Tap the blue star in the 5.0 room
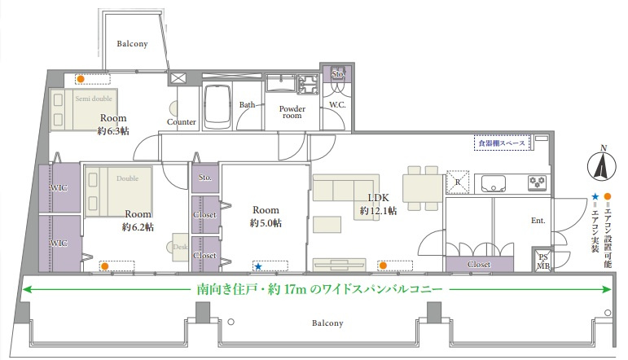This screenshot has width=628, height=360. tap(258, 266)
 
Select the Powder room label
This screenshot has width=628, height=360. tap(292, 112)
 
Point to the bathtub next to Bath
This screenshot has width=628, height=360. tap(217, 107)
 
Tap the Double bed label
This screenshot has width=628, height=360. tap(128, 178)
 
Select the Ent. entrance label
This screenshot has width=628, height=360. tap(538, 220)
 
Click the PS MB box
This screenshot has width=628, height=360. tap(542, 261)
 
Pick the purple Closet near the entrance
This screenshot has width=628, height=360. tap(480, 265)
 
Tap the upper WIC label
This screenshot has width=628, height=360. tap(59, 189)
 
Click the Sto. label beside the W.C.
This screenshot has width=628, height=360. tap(338, 74)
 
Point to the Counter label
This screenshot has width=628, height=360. tap(181, 122)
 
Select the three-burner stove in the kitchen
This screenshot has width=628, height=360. tap(536, 182)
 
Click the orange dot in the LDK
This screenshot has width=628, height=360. tap(382, 266)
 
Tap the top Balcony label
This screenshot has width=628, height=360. tap(131, 44)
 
